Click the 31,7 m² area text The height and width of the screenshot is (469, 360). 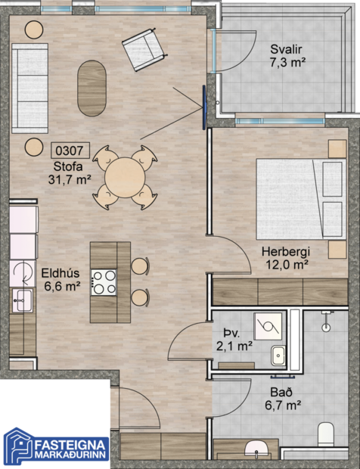tap(68, 179)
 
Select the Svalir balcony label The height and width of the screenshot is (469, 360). tap(287, 49)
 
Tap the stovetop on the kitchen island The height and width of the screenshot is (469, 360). tap(104, 281)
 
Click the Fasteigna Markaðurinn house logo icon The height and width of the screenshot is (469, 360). tap(18, 445)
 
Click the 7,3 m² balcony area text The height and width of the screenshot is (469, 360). tap(287, 63)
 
